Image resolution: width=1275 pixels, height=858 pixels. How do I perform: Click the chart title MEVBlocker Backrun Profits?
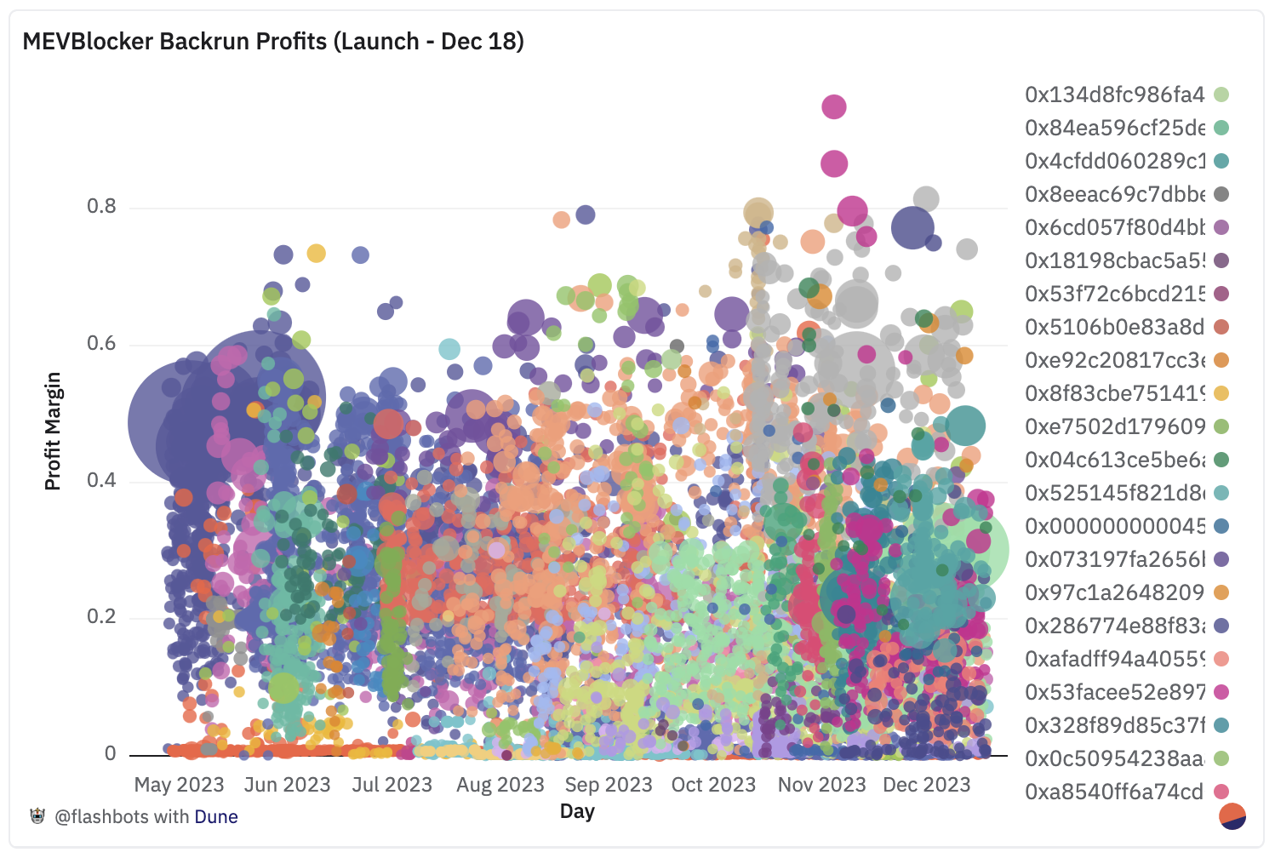pyautogui.click(x=272, y=42)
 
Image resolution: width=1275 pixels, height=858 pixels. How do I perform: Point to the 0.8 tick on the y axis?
pyautogui.click(x=101, y=207)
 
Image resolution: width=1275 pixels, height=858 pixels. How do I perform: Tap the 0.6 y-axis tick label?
pyautogui.click(x=101, y=344)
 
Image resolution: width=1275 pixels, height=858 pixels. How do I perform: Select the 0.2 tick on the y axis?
pyautogui.click(x=101, y=617)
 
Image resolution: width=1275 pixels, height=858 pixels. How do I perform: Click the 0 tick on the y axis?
pyautogui.click(x=110, y=753)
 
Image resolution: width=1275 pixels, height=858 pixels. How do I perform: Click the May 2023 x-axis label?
pyautogui.click(x=179, y=785)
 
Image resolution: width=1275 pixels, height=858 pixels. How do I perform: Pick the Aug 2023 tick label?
pyautogui.click(x=500, y=785)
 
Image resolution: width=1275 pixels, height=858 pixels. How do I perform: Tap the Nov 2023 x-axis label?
pyautogui.click(x=821, y=785)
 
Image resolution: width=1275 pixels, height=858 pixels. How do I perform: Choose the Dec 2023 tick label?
pyautogui.click(x=926, y=785)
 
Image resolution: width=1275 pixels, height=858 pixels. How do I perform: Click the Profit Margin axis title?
pyautogui.click(x=53, y=431)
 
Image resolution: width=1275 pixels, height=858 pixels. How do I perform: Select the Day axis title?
pyautogui.click(x=577, y=811)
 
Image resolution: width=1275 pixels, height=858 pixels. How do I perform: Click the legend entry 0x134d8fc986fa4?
pyautogui.click(x=1114, y=94)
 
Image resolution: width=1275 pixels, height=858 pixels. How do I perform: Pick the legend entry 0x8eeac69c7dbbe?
pyautogui.click(x=1114, y=194)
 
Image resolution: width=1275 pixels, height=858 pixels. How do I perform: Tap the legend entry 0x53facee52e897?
pyautogui.click(x=1114, y=692)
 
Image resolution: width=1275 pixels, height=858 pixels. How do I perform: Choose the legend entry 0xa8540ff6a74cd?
pyautogui.click(x=1114, y=792)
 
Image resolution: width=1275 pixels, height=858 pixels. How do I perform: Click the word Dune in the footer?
pyautogui.click(x=216, y=817)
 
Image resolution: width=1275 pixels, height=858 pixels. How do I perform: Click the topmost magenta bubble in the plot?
pyautogui.click(x=834, y=107)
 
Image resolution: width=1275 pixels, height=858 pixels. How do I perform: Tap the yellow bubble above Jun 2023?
pyautogui.click(x=316, y=253)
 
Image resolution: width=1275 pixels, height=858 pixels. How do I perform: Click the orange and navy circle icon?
pyautogui.click(x=1232, y=815)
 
